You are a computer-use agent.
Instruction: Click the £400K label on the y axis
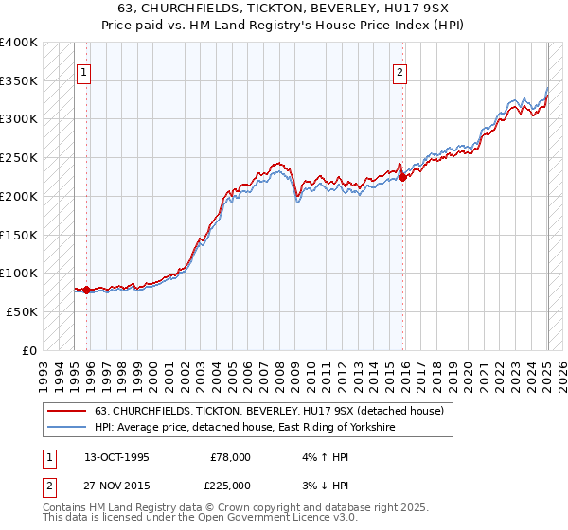click(19, 43)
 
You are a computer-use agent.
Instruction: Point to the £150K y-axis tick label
click(19, 235)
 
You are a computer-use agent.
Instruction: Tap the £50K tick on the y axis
click(22, 311)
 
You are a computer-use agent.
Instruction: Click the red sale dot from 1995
click(86, 291)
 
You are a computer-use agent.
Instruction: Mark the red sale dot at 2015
click(402, 176)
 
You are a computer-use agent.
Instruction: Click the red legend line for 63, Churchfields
click(67, 411)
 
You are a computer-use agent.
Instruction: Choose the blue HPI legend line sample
click(67, 428)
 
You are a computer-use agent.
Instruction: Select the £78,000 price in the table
click(230, 456)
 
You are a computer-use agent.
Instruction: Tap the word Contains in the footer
click(65, 509)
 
